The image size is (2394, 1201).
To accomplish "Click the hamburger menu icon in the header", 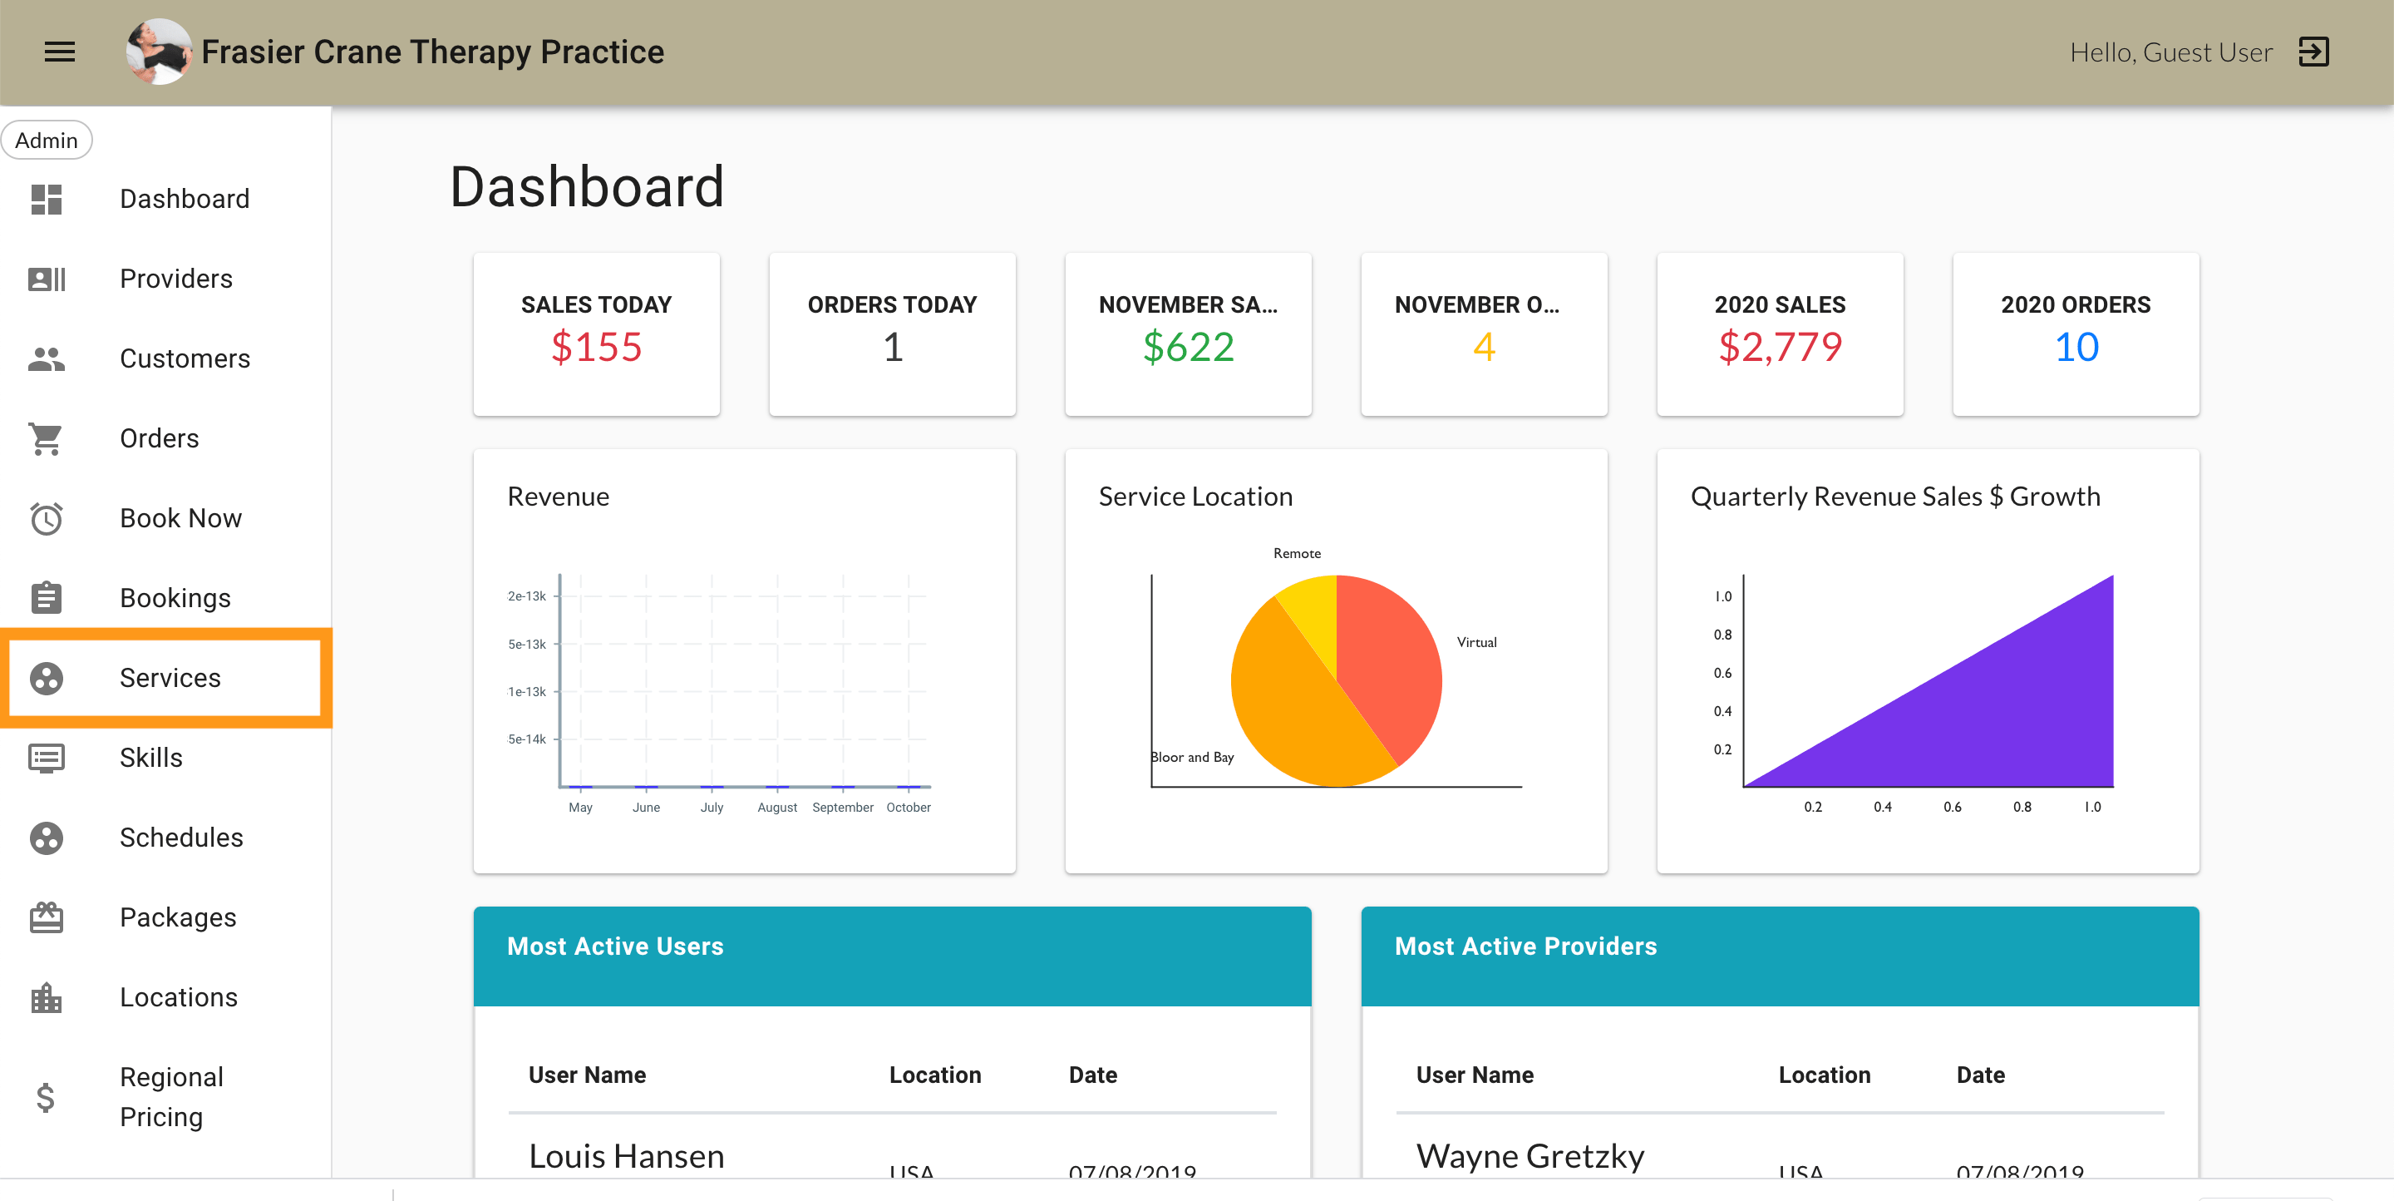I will [60, 52].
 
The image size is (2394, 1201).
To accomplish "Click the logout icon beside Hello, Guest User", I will [2313, 52].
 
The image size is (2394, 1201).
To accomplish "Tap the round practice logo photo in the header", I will [159, 52].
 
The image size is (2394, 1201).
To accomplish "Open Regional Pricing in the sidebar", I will [171, 1096].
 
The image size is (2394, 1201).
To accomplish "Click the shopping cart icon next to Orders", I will [46, 439].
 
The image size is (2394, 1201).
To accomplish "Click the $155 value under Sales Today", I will [596, 348].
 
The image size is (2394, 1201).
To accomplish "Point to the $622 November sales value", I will [1188, 348].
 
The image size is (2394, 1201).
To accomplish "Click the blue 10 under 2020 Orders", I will [2076, 348].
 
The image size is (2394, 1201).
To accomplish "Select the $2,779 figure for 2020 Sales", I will [1780, 348].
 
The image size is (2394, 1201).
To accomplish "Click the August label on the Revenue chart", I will [777, 807].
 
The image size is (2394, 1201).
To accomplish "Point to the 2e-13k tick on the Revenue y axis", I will [526, 596].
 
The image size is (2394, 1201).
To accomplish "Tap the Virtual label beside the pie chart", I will [1475, 642].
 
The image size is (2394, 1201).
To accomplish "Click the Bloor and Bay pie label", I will [1192, 757].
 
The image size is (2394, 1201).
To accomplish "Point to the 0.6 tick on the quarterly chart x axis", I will [1952, 807].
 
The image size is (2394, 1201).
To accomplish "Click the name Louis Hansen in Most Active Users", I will [627, 1155].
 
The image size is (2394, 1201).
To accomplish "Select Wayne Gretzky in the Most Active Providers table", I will [1529, 1155].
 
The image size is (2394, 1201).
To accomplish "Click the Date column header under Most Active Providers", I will [1979, 1075].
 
